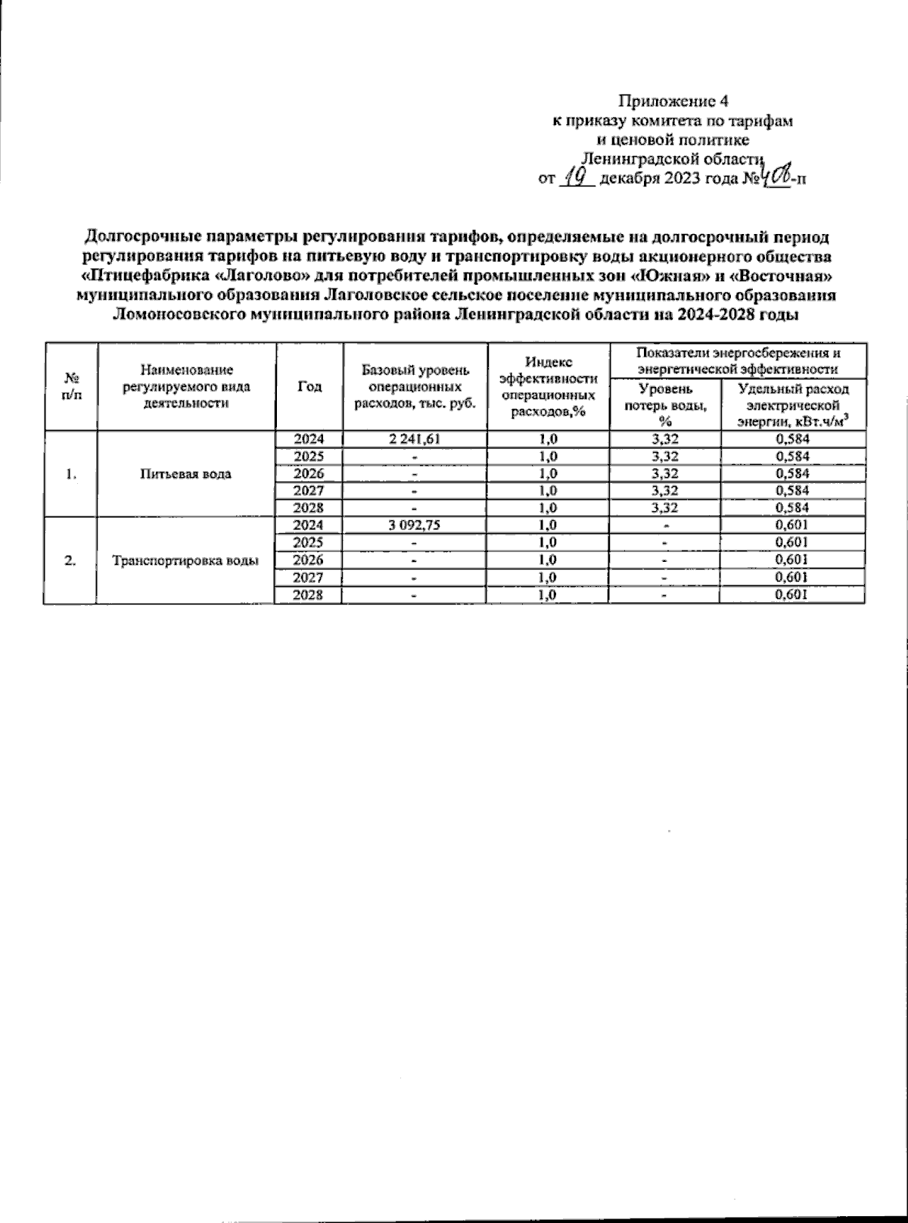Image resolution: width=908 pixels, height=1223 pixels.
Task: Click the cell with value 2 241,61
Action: (415, 439)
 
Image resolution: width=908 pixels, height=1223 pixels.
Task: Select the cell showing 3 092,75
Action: (415, 526)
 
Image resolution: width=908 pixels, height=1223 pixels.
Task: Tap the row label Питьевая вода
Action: (185, 474)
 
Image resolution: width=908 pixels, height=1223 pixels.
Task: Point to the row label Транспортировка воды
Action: (185, 560)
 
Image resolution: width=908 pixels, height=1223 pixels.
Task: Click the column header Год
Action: (309, 386)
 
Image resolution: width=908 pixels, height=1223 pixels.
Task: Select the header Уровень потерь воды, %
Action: (664, 404)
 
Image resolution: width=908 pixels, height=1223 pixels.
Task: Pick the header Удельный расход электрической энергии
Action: (792, 404)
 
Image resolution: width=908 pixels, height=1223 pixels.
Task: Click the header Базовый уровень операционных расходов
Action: (415, 386)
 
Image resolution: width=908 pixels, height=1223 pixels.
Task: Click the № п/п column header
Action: (70, 386)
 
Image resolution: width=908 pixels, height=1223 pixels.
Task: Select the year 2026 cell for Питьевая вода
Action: (309, 474)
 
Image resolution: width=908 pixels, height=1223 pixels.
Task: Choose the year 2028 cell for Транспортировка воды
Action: (309, 595)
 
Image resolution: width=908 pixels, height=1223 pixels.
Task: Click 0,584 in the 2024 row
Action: (792, 439)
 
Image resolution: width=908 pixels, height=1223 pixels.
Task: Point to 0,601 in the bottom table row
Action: (792, 595)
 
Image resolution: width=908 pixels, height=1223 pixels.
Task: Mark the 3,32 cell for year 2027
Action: (664, 491)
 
